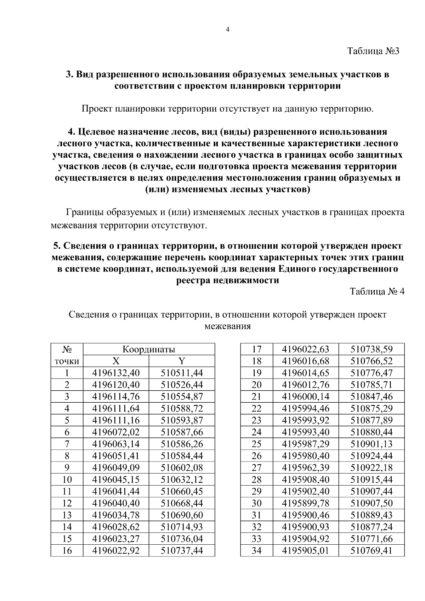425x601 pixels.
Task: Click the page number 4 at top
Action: (228, 30)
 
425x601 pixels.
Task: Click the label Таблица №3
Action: (373, 51)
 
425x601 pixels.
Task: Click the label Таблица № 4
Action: (377, 291)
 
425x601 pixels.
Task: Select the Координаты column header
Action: (149, 350)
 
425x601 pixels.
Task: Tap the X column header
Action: (116, 361)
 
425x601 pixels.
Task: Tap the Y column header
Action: (182, 361)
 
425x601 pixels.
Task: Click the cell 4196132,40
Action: (116, 373)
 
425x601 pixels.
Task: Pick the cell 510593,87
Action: (182, 420)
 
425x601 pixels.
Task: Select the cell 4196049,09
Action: (116, 467)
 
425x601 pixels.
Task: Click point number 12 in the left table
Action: (67, 503)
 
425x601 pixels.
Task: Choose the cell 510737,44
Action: (182, 550)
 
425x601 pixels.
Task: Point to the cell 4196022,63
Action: (305, 350)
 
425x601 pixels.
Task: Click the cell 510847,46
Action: (372, 397)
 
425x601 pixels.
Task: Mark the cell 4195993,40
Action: (305, 432)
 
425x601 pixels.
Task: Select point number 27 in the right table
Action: (256, 467)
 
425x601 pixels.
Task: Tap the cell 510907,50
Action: (372, 503)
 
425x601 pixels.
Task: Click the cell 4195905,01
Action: (305, 550)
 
